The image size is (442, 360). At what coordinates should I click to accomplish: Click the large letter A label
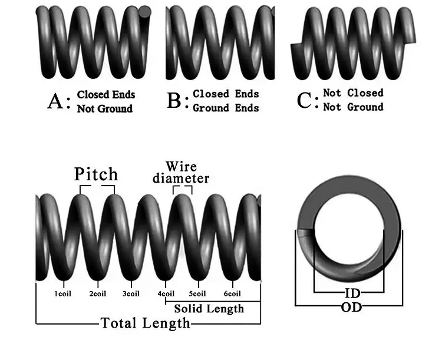point(55,101)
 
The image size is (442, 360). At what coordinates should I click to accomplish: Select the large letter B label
point(174,100)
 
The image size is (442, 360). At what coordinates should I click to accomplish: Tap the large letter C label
point(304,100)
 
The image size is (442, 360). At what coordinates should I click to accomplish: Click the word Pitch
point(96,174)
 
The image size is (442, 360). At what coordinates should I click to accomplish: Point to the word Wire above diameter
point(181,166)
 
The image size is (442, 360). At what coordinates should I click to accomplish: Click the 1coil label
point(63,294)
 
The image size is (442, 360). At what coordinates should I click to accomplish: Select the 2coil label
point(97,294)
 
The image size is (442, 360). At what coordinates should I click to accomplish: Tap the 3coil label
point(131,294)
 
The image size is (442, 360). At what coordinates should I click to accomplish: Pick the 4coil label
point(166,294)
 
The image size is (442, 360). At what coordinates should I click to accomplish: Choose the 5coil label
point(197,294)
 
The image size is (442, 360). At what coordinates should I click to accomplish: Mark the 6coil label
point(233,294)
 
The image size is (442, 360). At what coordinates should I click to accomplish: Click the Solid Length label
point(209,309)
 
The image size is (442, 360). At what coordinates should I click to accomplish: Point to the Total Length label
point(146,323)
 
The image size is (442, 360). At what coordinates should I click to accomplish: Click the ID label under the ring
point(352,293)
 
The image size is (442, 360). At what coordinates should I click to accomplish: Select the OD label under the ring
point(351,307)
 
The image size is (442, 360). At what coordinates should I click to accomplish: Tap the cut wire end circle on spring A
point(145,12)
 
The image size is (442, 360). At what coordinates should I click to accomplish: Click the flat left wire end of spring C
point(295,51)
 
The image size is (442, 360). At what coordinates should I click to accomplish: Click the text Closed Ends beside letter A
point(106,95)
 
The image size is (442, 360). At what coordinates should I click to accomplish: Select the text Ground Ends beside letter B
point(226,108)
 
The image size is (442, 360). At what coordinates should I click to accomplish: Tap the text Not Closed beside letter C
point(353,93)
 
